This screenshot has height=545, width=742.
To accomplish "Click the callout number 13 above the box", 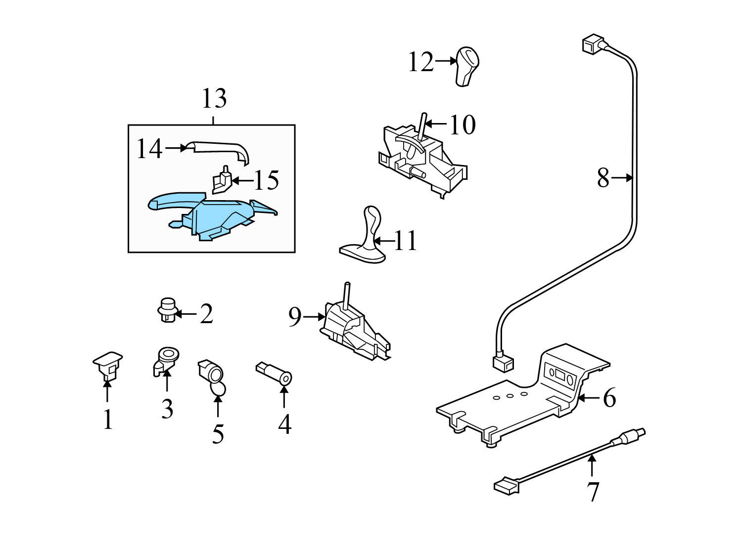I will (214, 99).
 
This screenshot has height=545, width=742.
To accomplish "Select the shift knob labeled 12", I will (466, 67).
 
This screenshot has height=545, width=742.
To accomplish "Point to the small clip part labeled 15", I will (221, 181).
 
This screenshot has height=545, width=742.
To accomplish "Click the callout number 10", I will (462, 125).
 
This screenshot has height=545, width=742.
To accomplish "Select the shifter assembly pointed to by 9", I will (354, 326).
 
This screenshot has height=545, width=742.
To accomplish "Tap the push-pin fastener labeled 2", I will (167, 310).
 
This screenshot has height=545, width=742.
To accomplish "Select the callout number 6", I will (609, 398).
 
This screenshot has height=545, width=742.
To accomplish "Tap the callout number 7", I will (592, 491).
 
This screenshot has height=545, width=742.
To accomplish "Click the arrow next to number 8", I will (622, 178).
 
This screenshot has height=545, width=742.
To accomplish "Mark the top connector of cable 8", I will (592, 45).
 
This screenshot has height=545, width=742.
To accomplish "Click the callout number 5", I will (218, 433).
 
